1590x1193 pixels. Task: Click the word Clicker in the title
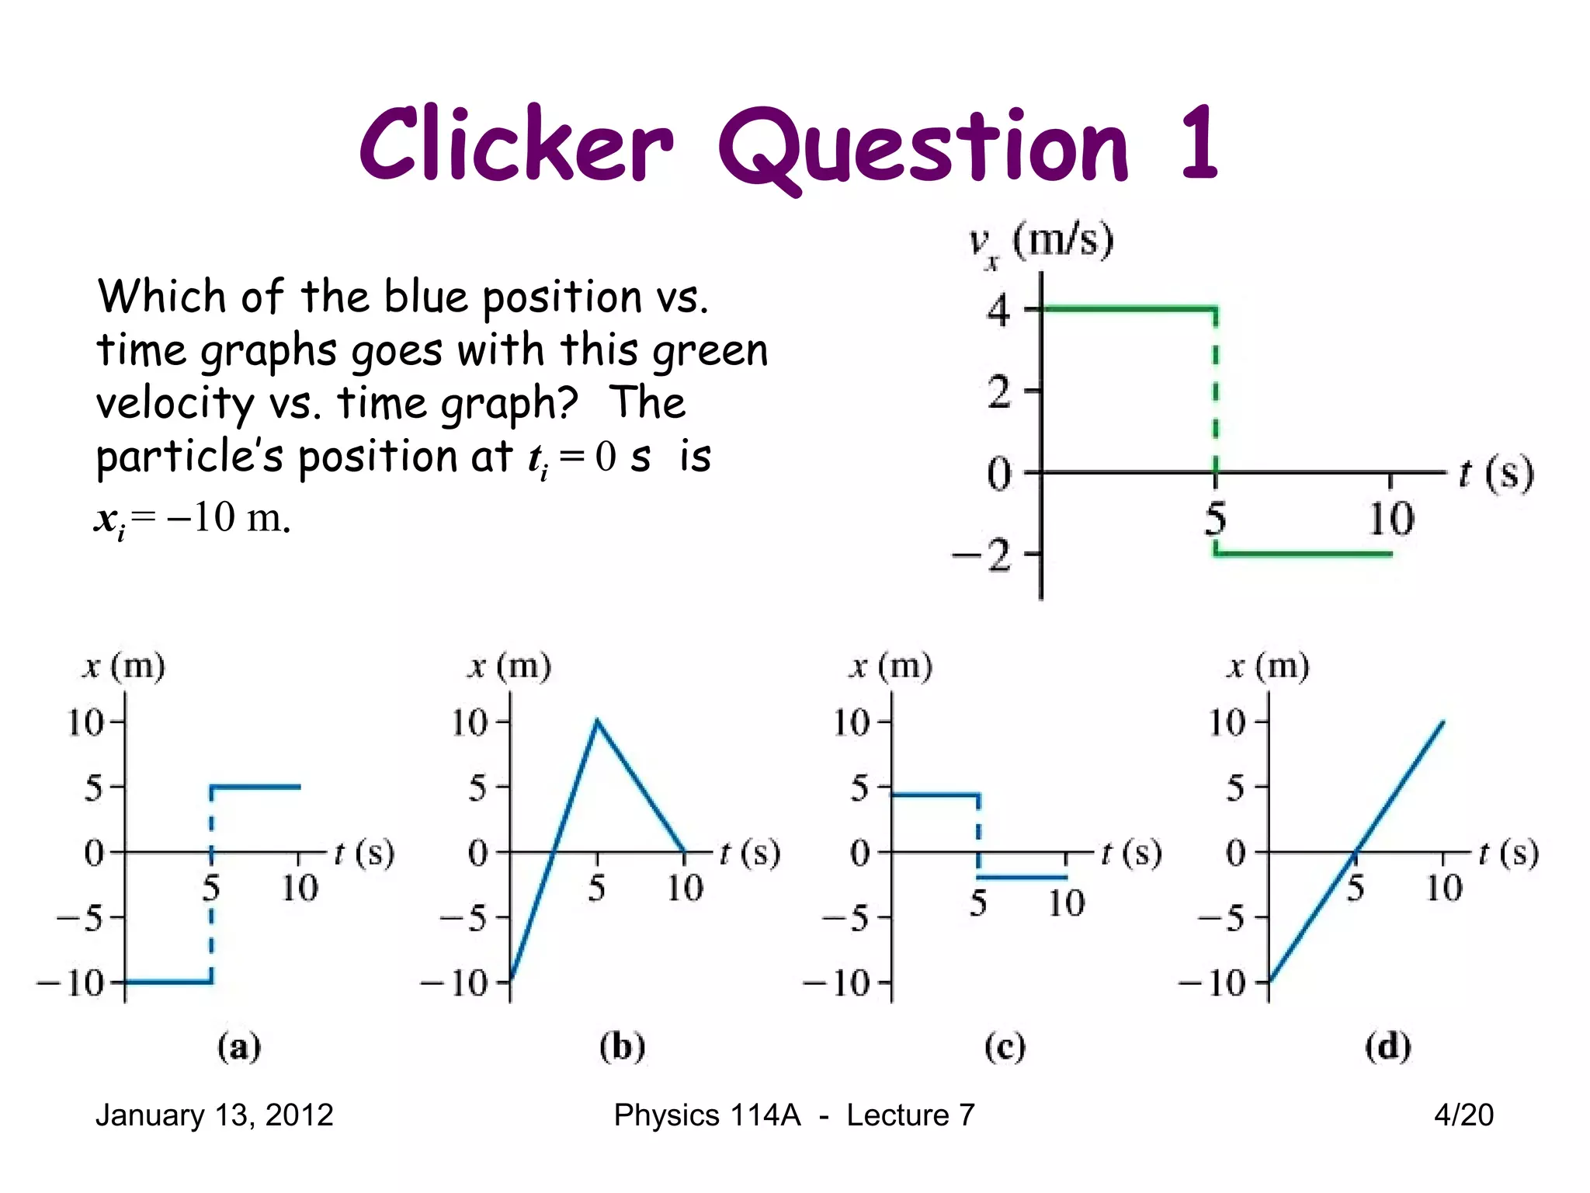[516, 146]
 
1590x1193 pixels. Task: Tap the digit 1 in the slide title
[1198, 144]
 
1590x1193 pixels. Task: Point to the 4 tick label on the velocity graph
[999, 311]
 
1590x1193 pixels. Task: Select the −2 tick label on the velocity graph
[983, 556]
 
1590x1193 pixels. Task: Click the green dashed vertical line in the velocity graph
[1216, 388]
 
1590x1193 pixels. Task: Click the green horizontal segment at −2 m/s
[1304, 554]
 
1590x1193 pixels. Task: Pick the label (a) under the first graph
[238, 1047]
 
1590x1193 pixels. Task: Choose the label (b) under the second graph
[622, 1047]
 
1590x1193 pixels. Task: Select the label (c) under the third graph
[1005, 1047]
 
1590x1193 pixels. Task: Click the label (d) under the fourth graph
[1387, 1047]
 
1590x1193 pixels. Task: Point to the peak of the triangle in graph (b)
[597, 721]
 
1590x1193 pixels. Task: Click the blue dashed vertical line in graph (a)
[211, 885]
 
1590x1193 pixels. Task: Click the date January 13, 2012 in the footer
[214, 1115]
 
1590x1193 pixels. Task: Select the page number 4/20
[1463, 1115]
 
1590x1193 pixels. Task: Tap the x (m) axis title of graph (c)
[891, 667]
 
